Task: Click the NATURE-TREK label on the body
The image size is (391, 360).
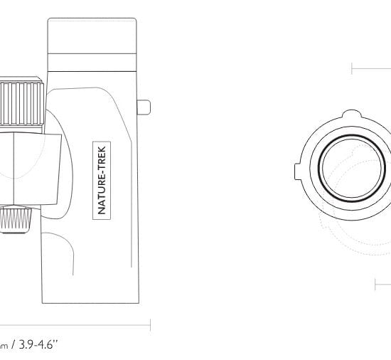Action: (102, 181)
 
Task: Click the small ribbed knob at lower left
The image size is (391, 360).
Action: (16, 220)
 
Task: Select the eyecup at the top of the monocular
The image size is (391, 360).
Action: (92, 36)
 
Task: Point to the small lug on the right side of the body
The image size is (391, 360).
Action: (144, 107)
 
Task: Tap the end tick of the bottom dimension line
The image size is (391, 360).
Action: (151, 325)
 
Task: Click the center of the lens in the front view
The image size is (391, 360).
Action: (352, 168)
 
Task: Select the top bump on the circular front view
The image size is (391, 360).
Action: (351, 114)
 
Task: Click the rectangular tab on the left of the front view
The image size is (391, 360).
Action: (297, 171)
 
